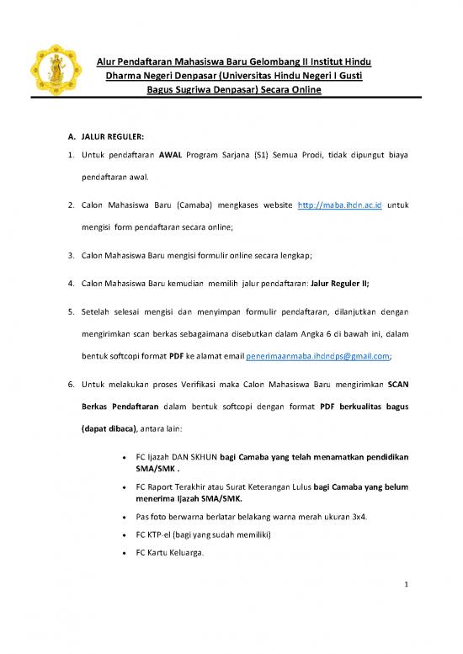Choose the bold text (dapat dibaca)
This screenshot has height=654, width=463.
(x=110, y=428)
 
